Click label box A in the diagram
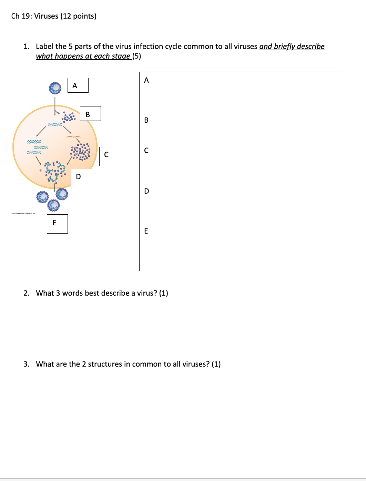coord(78,85)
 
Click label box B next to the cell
coord(90,114)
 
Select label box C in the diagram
coord(110,156)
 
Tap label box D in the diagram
coord(81,178)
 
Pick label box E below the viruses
coord(57,224)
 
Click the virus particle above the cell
coord(55,88)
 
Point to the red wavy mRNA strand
coord(73,137)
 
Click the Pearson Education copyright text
coord(24,214)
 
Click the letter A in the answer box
coord(146,80)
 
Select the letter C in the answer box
coord(146,151)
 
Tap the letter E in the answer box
coord(146,231)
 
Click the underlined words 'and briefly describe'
coord(292,47)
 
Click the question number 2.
coord(26,293)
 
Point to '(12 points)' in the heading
coord(78,16)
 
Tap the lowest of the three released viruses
coord(53,205)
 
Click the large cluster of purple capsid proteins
coord(81,152)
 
